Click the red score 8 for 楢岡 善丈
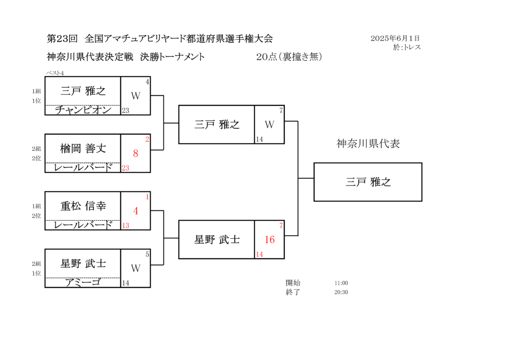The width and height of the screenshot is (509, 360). point(136,153)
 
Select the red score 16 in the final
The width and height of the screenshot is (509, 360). point(269,240)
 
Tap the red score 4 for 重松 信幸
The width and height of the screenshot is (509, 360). point(136,211)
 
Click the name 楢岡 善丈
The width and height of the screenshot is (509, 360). point(83,149)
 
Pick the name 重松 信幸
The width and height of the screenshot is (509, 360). point(83,206)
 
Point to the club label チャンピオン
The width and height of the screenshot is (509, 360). point(83,110)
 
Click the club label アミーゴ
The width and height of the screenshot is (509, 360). point(83,282)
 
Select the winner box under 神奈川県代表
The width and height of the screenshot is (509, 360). point(368,182)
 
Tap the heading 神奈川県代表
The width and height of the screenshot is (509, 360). point(368,144)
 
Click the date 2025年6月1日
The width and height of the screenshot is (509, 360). point(395,38)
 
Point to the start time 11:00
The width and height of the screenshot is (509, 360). point(341,283)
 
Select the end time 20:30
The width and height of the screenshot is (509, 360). point(341,292)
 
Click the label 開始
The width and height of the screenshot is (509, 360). point(293,283)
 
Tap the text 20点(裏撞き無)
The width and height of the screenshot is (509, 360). point(289,57)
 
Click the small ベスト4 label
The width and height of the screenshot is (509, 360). point(55,73)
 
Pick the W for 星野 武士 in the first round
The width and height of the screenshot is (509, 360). point(136,268)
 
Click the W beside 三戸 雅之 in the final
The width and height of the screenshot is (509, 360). point(269,124)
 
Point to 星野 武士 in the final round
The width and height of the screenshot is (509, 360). point(217,240)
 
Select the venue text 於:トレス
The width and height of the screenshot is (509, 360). point(407,47)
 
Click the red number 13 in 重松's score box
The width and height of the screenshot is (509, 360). point(126,225)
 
